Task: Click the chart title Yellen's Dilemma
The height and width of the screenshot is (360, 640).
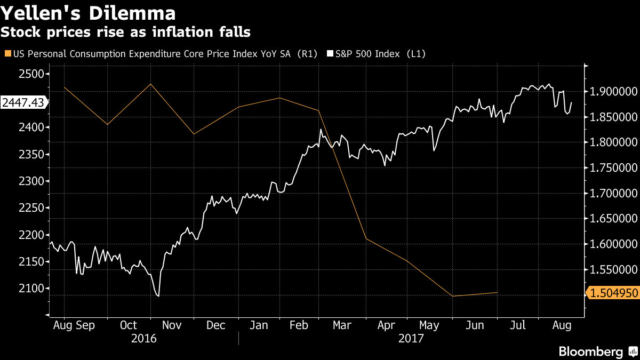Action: click(89, 13)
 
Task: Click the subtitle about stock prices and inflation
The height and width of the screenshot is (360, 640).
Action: click(125, 32)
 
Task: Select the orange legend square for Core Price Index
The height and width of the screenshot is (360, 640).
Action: click(7, 53)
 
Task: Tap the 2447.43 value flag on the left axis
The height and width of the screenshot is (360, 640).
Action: click(22, 102)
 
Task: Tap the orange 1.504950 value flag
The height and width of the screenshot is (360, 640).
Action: click(612, 293)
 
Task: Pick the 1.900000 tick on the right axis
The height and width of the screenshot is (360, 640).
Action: click(612, 91)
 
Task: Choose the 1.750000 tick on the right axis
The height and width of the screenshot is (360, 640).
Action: click(612, 168)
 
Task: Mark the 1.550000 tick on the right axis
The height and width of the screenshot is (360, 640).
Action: click(612, 270)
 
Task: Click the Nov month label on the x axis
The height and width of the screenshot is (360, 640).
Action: click(172, 325)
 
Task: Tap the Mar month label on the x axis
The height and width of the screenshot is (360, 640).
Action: click(342, 325)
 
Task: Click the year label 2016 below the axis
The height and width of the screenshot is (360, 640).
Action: click(144, 338)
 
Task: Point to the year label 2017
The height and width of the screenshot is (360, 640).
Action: click(411, 338)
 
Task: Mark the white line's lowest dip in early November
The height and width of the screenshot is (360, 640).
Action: click(158, 296)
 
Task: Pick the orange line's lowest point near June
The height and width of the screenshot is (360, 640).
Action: click(452, 296)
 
